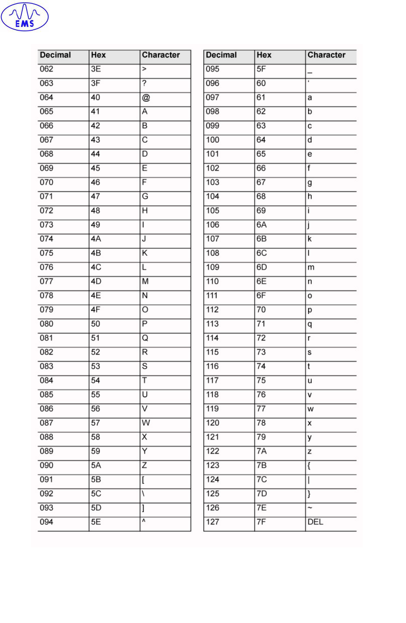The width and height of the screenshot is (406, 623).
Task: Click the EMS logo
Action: coord(25,17)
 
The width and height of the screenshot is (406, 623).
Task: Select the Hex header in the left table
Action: coord(98,55)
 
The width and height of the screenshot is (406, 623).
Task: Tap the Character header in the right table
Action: coord(326,55)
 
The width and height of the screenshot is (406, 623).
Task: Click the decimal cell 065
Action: coord(46,112)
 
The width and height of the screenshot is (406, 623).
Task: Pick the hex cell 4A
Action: coord(96,239)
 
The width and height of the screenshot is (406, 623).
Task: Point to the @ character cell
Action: coord(146,98)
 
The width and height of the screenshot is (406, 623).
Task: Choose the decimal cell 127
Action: coord(213,522)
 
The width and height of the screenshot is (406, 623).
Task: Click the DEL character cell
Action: coord(315,522)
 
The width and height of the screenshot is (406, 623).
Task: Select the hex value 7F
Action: coord(261,522)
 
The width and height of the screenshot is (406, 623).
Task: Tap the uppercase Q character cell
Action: coord(145,338)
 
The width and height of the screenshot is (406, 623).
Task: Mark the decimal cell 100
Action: coord(213,140)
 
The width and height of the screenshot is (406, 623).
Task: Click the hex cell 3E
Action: coord(96,69)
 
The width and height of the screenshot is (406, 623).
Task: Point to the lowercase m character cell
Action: coord(311,268)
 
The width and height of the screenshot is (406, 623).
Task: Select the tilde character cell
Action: coord(310,508)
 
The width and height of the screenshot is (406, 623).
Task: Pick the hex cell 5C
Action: coord(96,494)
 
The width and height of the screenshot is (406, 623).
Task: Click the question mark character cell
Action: coord(145,83)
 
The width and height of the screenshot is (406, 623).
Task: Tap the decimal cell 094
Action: coord(46,522)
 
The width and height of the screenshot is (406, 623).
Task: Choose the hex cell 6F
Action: coord(261,296)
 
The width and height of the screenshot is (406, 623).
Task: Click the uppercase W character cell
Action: coord(146,423)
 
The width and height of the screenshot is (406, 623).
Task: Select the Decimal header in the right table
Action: coord(221,55)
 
